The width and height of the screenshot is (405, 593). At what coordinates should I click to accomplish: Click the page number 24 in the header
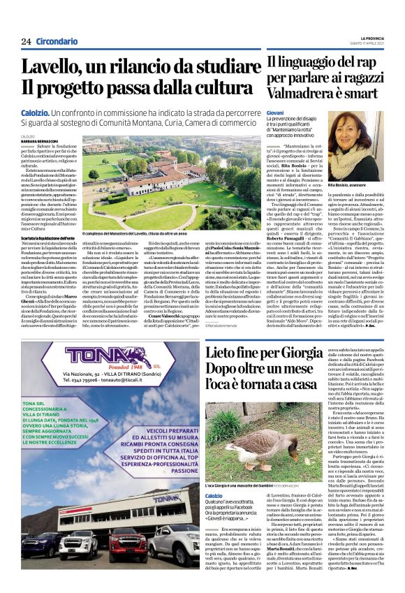click(x=27, y=42)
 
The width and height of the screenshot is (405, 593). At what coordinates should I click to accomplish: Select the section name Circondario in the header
click(x=58, y=42)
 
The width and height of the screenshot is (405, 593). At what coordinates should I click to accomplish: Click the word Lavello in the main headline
click(x=50, y=68)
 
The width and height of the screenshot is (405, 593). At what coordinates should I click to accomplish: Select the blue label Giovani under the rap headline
click(x=274, y=112)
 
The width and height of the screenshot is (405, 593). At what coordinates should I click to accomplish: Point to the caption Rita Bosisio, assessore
click(x=355, y=185)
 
